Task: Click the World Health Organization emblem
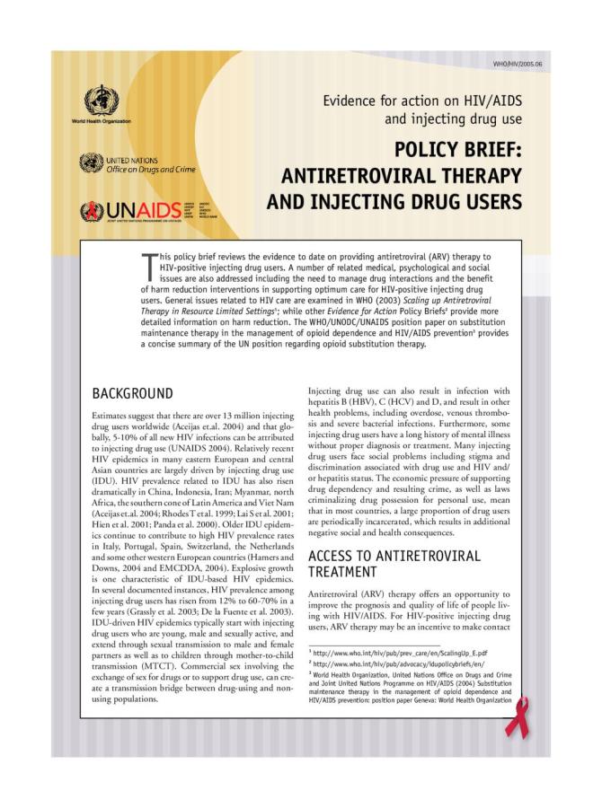(x=101, y=98)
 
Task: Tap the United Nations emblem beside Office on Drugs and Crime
(x=91, y=162)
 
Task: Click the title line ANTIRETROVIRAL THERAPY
(x=401, y=174)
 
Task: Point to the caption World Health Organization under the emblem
(x=101, y=121)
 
